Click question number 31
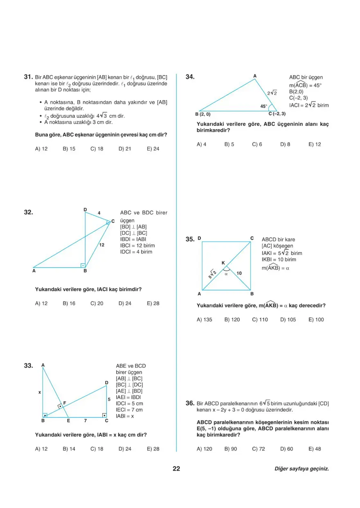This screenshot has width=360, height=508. (28, 76)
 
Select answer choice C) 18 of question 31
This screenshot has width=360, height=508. (97, 149)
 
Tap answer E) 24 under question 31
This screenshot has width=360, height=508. (153, 149)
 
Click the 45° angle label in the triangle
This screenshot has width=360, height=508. (264, 106)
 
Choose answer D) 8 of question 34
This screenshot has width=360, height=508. (285, 144)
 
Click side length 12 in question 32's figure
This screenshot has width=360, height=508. (102, 245)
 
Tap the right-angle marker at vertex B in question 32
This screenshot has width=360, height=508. (82, 265)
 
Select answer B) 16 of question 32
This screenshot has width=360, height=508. (69, 303)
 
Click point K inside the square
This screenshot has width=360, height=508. (223, 263)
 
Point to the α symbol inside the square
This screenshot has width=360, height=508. (225, 274)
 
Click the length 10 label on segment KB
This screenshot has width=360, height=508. (239, 273)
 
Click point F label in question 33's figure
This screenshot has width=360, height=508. (65, 403)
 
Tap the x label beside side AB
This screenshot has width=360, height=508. (40, 392)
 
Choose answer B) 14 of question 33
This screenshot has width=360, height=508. (69, 449)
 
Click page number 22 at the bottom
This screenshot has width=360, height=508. (176, 469)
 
